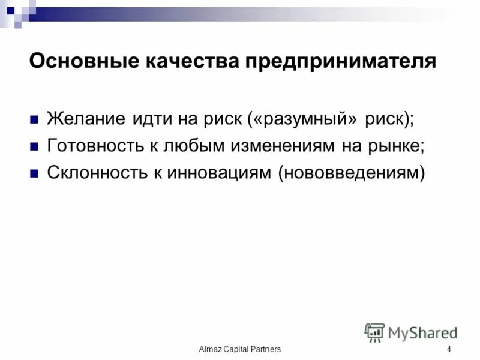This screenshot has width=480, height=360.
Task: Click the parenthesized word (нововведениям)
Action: tap(351, 173)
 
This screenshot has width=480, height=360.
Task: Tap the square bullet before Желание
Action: tap(34, 118)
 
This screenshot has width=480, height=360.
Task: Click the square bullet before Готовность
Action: tap(34, 146)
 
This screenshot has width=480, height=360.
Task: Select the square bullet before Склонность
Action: tap(34, 173)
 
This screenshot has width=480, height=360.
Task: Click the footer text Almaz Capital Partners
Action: tap(240, 349)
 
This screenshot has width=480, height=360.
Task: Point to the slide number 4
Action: tap(449, 349)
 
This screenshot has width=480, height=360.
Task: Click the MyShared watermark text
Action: tap(423, 332)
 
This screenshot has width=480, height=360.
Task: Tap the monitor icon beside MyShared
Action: tap(374, 332)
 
